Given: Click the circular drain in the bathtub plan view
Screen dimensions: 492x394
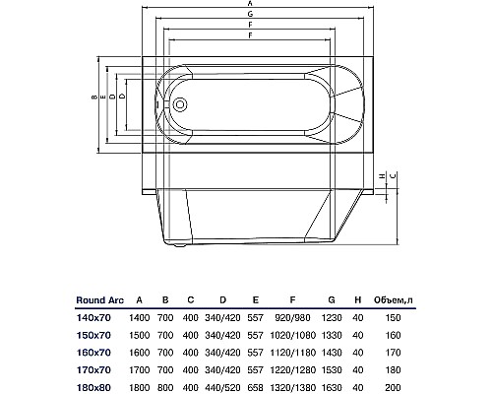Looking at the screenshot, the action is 180,104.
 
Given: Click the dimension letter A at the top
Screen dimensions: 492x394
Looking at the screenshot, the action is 250,3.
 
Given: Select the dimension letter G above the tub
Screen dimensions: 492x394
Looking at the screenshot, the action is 250,14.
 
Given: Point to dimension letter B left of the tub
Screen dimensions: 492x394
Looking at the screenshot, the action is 94,97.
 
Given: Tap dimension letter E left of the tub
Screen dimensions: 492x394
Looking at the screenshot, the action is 103,97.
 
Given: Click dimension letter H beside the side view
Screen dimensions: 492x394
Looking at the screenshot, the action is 382,176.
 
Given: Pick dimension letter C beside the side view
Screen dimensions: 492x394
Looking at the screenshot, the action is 394,175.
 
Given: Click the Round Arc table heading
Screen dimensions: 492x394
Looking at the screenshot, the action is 100,300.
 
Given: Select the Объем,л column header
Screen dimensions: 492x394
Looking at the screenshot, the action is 394,300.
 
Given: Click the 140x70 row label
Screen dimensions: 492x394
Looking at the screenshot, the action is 93,318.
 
